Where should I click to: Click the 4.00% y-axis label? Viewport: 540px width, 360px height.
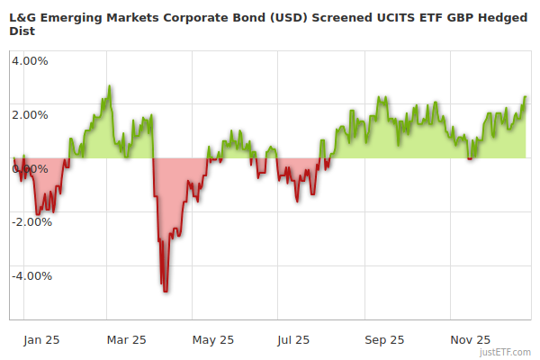(x=30, y=61)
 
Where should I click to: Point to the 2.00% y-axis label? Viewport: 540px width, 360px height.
(x=30, y=115)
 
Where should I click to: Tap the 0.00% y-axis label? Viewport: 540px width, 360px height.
(x=30, y=168)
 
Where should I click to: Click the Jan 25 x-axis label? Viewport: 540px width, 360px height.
(x=41, y=340)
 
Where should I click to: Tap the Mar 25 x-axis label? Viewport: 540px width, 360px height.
(x=126, y=340)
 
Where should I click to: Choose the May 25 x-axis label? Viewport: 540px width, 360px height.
(x=214, y=340)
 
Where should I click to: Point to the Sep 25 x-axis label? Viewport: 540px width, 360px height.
(x=383, y=340)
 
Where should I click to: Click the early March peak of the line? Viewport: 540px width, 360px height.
(x=110, y=86)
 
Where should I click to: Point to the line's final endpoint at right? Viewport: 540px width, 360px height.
(x=526, y=96)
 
